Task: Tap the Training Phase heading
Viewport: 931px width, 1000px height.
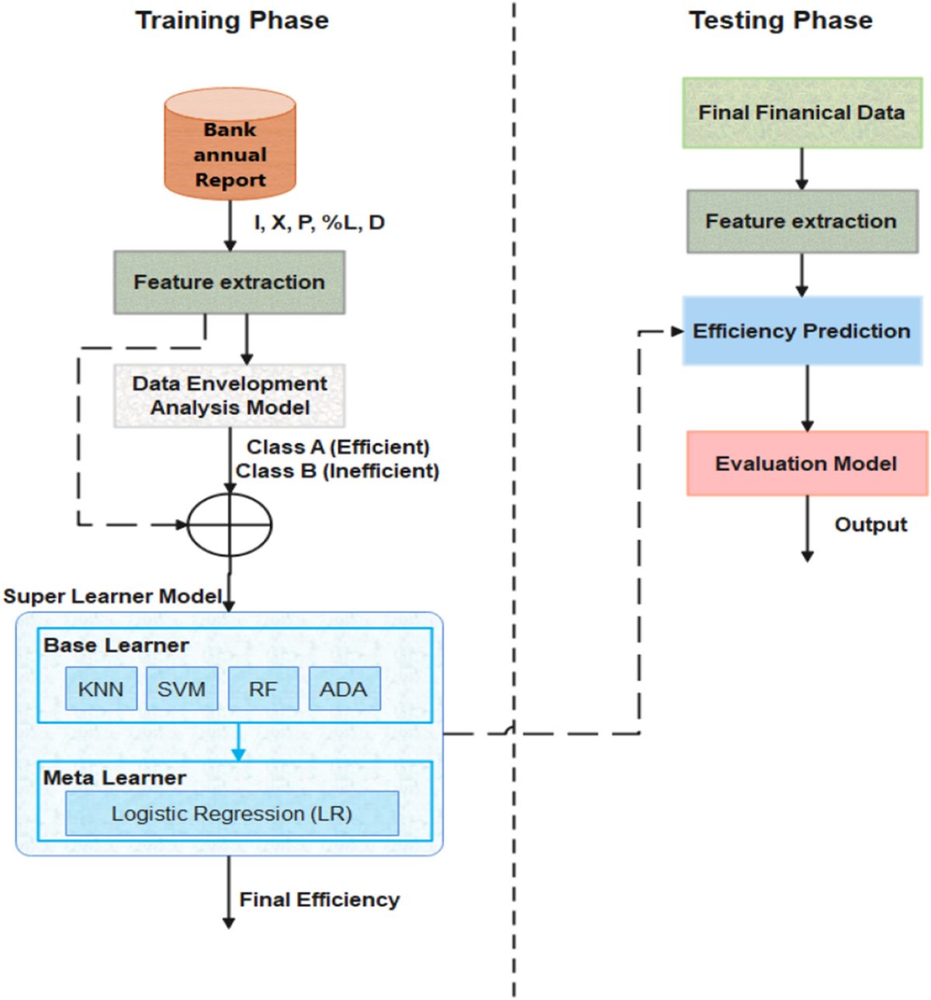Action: (x=232, y=20)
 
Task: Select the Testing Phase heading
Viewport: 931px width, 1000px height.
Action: (x=780, y=20)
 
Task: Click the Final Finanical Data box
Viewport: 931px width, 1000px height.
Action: (x=801, y=112)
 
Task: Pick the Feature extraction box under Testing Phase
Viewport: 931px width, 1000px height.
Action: (x=801, y=221)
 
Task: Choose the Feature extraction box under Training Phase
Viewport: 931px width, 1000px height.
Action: (x=229, y=282)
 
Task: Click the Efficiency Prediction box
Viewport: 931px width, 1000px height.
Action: (x=801, y=331)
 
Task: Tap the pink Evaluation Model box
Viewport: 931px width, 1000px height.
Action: (x=806, y=463)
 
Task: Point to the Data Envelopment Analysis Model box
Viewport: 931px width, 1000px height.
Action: (x=230, y=396)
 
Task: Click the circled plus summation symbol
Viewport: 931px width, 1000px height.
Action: (x=230, y=525)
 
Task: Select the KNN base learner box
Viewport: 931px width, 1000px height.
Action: (x=101, y=689)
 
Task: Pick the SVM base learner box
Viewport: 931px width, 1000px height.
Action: (x=182, y=689)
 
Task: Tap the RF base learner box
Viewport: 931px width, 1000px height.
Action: (x=263, y=689)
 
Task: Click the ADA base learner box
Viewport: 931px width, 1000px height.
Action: (x=344, y=689)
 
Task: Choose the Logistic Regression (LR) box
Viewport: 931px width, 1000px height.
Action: (x=232, y=814)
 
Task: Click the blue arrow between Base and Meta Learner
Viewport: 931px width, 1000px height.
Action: (x=238, y=742)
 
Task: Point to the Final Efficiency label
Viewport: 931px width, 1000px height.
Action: (x=319, y=900)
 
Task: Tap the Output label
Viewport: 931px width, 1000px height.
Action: (x=870, y=525)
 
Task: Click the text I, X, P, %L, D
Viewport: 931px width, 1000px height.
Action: (x=320, y=223)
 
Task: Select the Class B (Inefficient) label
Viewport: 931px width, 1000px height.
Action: (x=337, y=471)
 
